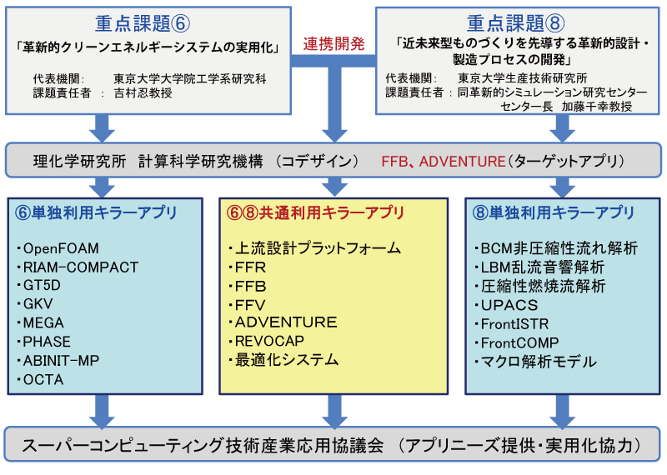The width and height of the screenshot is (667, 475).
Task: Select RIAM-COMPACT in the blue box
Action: pos(80,267)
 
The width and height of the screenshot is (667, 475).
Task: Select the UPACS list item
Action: pos(509,305)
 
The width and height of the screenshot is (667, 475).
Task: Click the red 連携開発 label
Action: pos(333,44)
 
